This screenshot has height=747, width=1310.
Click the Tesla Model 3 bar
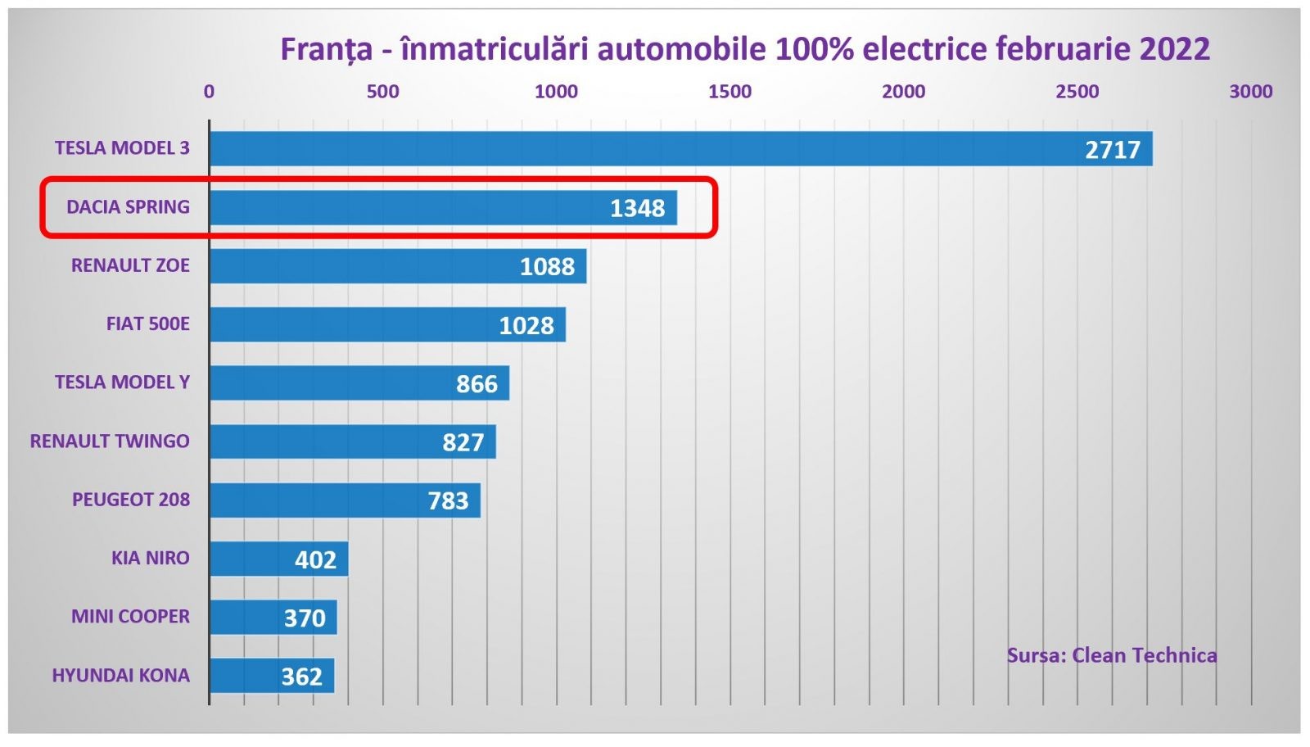(680, 149)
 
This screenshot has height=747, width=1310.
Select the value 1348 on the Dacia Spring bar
(637, 208)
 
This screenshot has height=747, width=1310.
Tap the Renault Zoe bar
(398, 266)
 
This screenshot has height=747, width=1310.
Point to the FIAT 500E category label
(147, 324)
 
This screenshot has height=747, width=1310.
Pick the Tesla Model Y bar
(359, 383)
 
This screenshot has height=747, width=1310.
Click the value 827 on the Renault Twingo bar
(463, 442)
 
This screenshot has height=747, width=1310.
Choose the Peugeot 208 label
(130, 500)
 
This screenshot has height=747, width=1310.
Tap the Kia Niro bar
(278, 559)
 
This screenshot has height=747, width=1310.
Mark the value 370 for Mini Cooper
(305, 618)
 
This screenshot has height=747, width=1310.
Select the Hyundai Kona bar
(272, 676)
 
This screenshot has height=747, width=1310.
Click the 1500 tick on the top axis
(730, 92)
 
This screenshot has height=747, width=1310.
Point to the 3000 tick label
(1250, 92)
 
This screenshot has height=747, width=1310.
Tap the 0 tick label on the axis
(209, 92)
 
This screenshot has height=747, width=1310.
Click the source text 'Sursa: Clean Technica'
(1111, 655)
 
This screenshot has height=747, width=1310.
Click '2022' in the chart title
(1174, 49)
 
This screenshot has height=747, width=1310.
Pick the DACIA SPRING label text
(128, 207)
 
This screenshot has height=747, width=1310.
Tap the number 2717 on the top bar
(1112, 150)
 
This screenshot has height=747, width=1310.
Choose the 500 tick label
(382, 92)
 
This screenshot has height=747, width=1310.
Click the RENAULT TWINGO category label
(110, 441)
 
